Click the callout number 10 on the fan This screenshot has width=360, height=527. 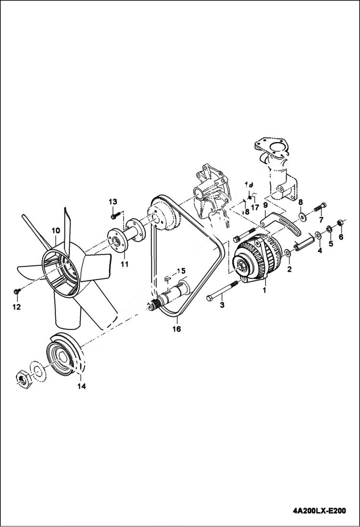55,230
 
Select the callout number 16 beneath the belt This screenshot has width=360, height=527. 176,329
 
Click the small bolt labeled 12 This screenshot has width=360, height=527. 17,291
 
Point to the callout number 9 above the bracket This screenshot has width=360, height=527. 265,205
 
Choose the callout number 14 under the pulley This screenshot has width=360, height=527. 81,387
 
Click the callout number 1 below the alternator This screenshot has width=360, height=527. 264,291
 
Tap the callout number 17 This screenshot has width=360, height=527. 255,208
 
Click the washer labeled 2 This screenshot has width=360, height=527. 287,253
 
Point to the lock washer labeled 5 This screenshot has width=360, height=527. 330,229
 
